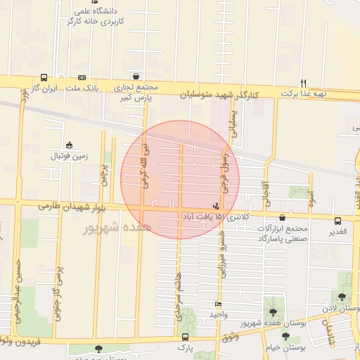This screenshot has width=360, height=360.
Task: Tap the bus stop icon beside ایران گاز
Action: [x=44, y=78]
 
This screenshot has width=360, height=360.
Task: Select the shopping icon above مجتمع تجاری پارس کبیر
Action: [x=135, y=77]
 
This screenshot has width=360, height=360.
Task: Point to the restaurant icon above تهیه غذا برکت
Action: [x=303, y=82]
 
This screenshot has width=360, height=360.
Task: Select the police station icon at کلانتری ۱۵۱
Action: [x=215, y=205]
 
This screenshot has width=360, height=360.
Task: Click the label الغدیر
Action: [x=337, y=231]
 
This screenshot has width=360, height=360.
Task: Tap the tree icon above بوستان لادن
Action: [x=342, y=297]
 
